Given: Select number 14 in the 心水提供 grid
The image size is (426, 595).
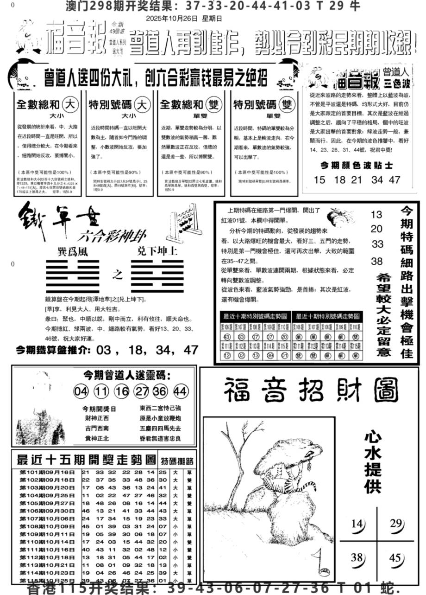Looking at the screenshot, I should pyautogui.click(x=357, y=525).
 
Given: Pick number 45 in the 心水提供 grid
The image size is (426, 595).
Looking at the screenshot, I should pyautogui.click(x=395, y=558).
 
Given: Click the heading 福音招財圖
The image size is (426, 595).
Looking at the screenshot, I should pyautogui.click(x=311, y=390).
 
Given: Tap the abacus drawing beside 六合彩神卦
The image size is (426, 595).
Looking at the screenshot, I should pyautogui.click(x=185, y=225).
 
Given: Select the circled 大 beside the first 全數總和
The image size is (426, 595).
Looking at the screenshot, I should pyautogui.click(x=70, y=103).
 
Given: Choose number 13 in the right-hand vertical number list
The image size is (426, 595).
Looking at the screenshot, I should pyautogui.click(x=377, y=215).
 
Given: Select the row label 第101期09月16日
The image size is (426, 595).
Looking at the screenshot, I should pyautogui.click(x=47, y=473).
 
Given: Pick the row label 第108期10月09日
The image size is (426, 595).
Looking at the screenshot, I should pyautogui.click(x=47, y=526).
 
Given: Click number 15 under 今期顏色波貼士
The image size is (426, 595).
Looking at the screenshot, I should pyautogui.click(x=319, y=180).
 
